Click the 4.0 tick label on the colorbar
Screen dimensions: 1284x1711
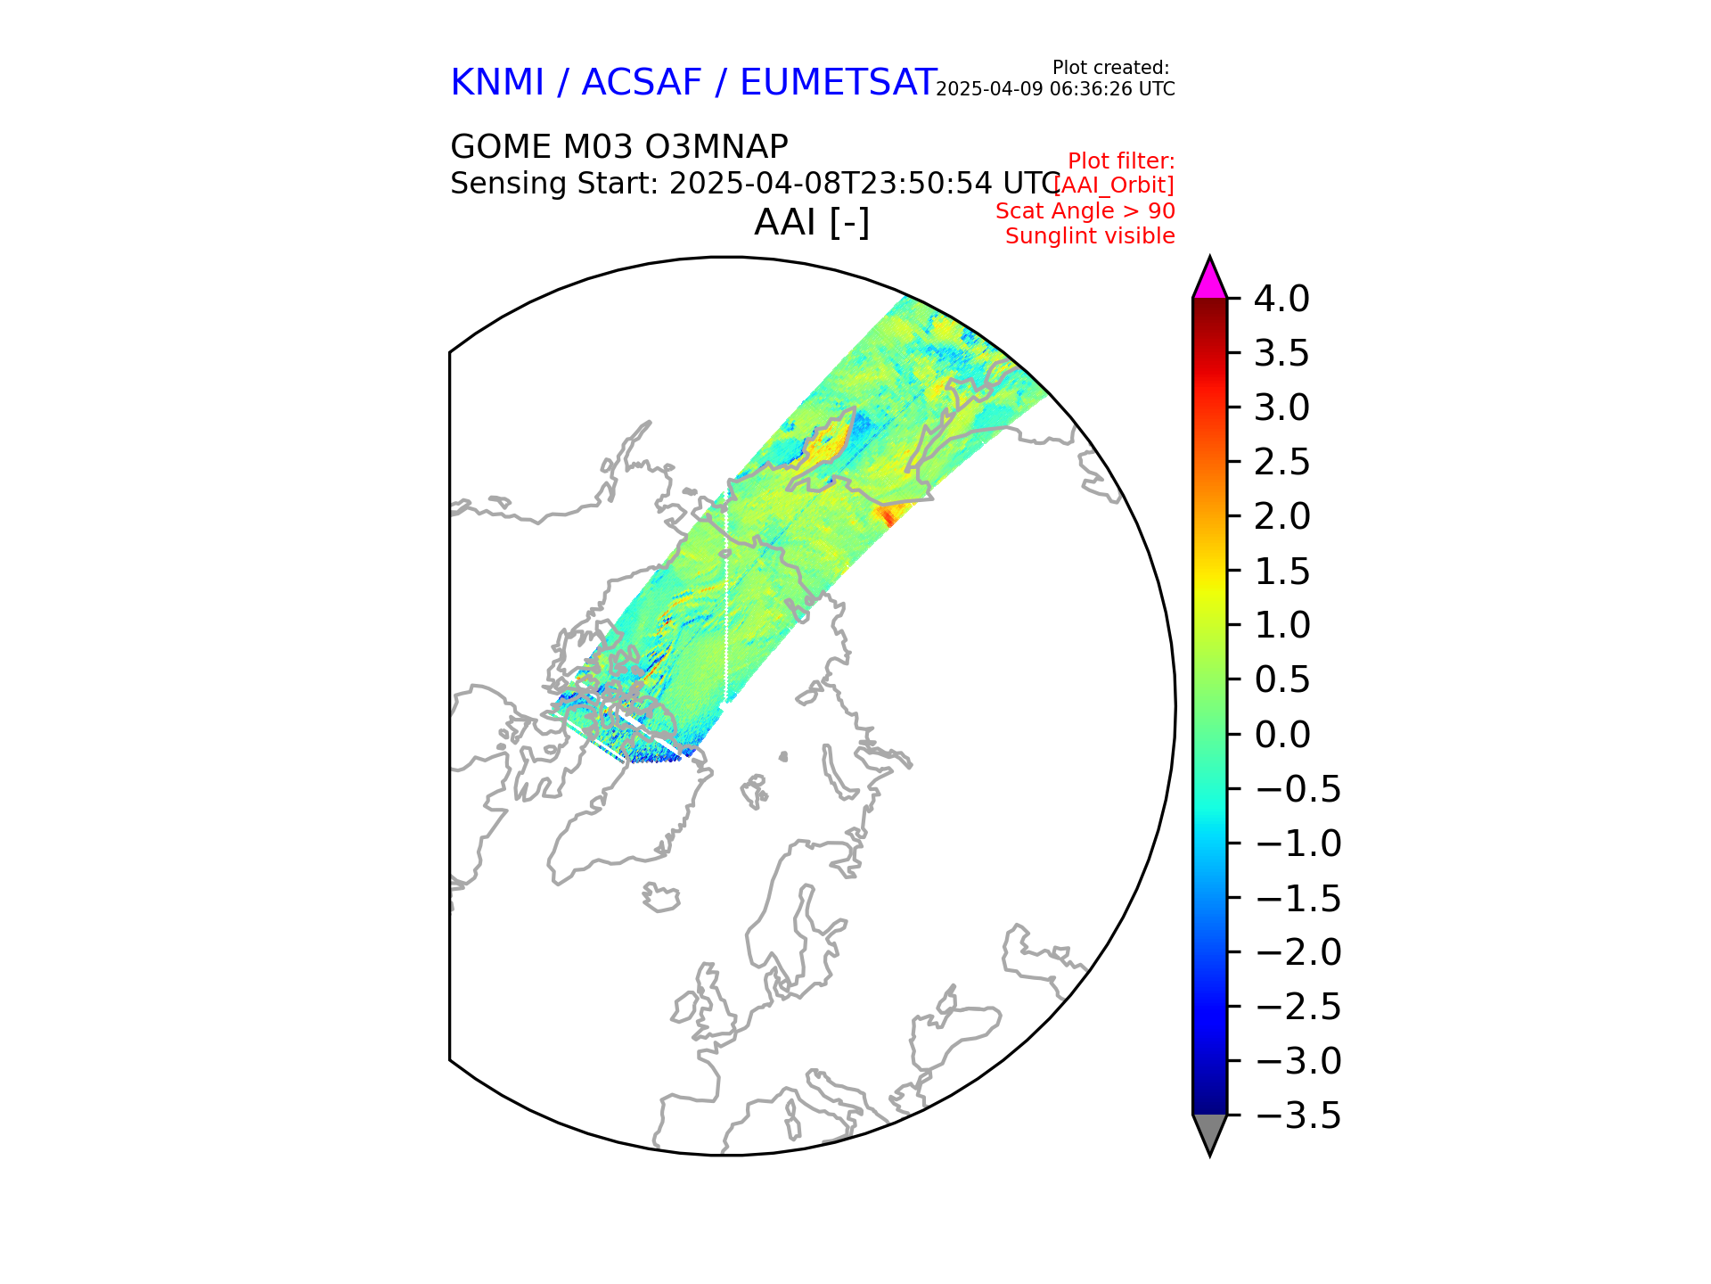(1281, 299)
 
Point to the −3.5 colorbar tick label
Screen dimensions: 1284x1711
(1297, 1115)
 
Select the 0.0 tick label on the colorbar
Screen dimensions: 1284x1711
(1281, 735)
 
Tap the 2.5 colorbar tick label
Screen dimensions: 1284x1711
(1281, 462)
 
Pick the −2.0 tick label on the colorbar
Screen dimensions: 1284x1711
(1297, 952)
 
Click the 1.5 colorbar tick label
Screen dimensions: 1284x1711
(1281, 572)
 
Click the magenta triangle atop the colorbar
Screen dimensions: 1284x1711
(1209, 279)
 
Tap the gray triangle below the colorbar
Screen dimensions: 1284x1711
(1209, 1132)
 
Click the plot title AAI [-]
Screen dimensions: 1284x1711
(811, 222)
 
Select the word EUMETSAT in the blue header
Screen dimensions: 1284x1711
(838, 83)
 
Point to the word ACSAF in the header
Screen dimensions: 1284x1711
(642, 83)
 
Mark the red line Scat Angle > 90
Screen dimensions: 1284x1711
(1085, 211)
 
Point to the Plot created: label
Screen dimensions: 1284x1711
(1110, 68)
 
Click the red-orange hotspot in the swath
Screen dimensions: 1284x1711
(888, 514)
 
